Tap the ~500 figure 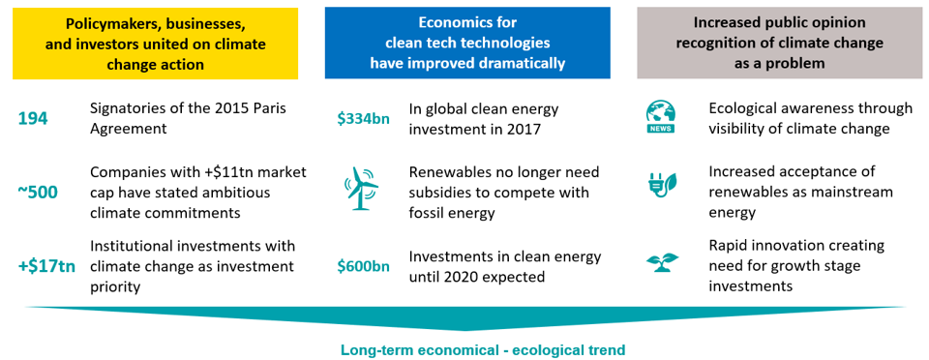(38, 193)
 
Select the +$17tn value (46, 266)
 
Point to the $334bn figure (363, 119)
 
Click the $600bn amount (363, 266)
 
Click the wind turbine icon (360, 188)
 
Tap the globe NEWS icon (661, 118)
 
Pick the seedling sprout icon (662, 261)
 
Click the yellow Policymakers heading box (155, 43)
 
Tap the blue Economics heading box (467, 43)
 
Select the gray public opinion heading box (779, 43)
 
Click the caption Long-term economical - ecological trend (482, 350)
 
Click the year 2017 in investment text (524, 129)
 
